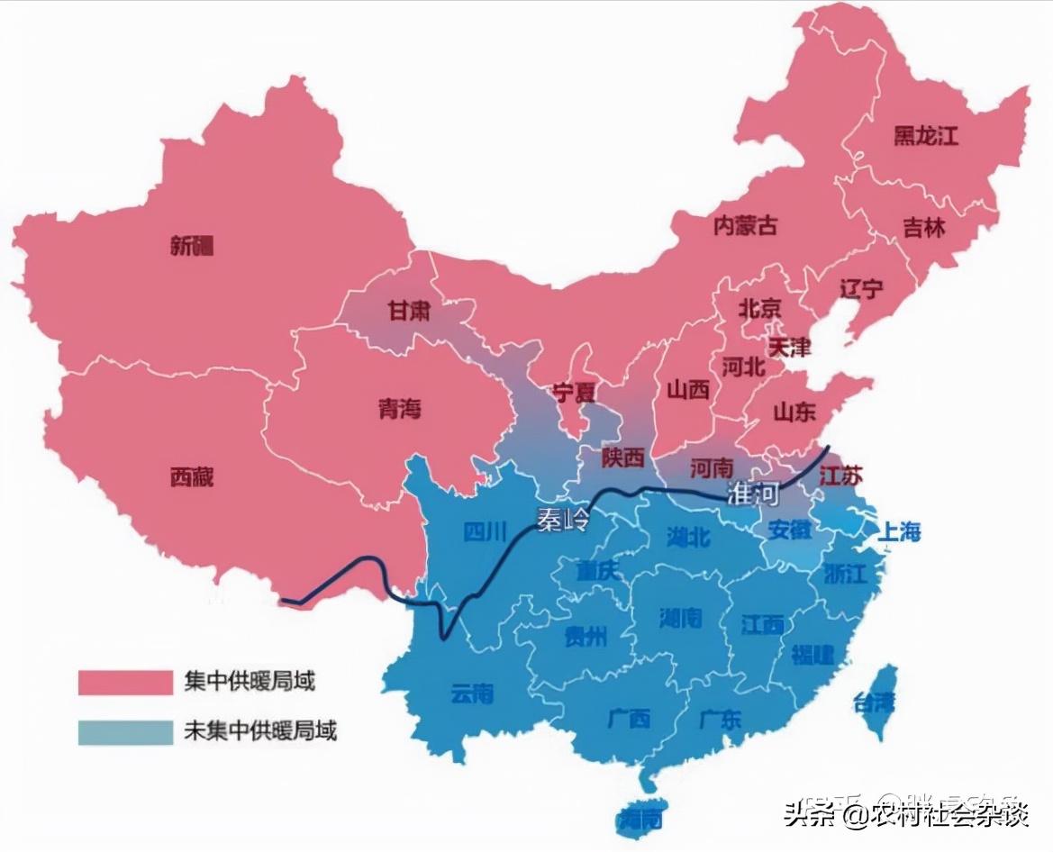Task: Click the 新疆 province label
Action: click(x=193, y=245)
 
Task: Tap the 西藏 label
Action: click(x=192, y=476)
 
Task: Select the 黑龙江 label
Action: click(x=925, y=136)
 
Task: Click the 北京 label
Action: click(x=759, y=309)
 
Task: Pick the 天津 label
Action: click(x=789, y=347)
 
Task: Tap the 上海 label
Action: click(x=899, y=531)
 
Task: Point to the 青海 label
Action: click(x=399, y=409)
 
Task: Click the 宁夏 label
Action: click(x=575, y=393)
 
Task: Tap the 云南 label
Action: click(x=472, y=693)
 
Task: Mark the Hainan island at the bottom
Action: click(x=641, y=818)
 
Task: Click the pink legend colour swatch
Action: click(x=124, y=682)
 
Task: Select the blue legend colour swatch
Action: click(x=124, y=731)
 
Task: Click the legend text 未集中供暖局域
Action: click(x=259, y=731)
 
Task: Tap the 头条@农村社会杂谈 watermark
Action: click(x=904, y=815)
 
